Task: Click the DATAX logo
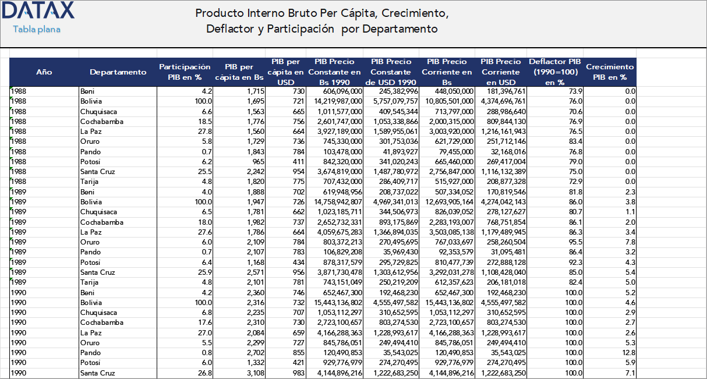(x=39, y=11)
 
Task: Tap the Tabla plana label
(x=37, y=30)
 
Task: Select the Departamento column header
(x=118, y=72)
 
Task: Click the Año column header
(x=44, y=72)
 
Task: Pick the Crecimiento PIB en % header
(x=610, y=72)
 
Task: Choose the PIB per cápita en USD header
(x=285, y=72)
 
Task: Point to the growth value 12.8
(x=629, y=353)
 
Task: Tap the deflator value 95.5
(x=574, y=242)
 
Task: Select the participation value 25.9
(x=204, y=272)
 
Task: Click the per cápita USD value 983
(x=298, y=373)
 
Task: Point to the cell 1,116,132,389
(x=504, y=172)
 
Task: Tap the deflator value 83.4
(x=574, y=141)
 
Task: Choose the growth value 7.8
(x=630, y=242)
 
